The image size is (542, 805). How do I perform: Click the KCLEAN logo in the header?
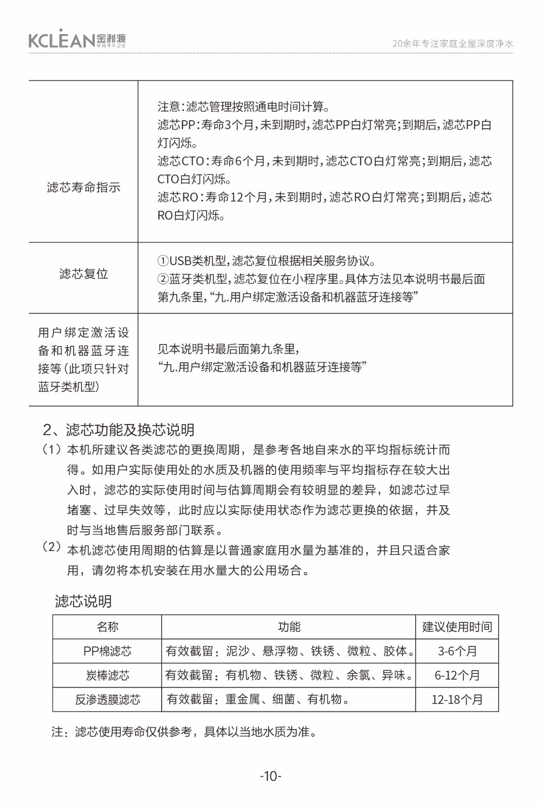(x=77, y=39)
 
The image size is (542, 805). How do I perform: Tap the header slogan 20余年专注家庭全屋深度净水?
(x=452, y=44)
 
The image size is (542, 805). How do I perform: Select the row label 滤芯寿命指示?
(x=84, y=187)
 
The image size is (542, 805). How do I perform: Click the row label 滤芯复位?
(x=84, y=274)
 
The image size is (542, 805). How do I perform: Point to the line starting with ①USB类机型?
(x=267, y=261)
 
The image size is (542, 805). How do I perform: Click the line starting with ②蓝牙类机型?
(x=321, y=279)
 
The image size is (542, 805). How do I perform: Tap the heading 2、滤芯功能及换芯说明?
(x=119, y=430)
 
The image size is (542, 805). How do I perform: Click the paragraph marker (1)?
(x=52, y=449)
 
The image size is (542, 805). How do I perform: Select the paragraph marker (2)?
(x=52, y=547)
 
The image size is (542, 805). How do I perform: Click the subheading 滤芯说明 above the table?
(x=83, y=601)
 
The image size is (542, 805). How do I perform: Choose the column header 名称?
(x=107, y=627)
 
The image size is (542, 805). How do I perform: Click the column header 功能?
(x=289, y=627)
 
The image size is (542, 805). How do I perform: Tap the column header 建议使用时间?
(x=457, y=627)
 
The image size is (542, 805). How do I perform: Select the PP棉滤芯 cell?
(x=107, y=651)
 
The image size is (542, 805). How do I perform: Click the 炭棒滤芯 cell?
(x=107, y=675)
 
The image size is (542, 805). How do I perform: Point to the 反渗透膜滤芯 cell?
(x=107, y=699)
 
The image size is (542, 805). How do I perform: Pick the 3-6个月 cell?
(x=457, y=651)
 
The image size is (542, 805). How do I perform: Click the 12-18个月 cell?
(x=457, y=699)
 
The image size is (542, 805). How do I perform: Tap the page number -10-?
(x=270, y=776)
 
